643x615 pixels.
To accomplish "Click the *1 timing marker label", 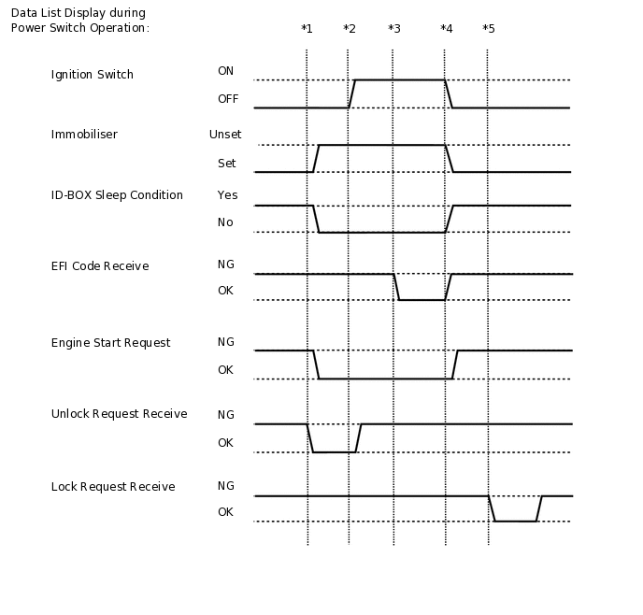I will pyautogui.click(x=307, y=29).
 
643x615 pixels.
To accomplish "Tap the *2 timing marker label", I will pyautogui.click(x=349, y=29).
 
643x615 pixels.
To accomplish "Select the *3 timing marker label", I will pyautogui.click(x=393, y=29).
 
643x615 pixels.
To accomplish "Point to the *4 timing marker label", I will pyautogui.click(x=446, y=29).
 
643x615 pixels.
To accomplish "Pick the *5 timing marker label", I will pyautogui.click(x=488, y=29).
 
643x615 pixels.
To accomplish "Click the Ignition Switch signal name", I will pyautogui.click(x=93, y=75).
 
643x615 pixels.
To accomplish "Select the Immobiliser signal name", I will pyautogui.click(x=84, y=135).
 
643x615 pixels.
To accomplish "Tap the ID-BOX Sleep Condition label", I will pyautogui.click(x=117, y=195).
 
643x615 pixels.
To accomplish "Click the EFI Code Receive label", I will pyautogui.click(x=100, y=266).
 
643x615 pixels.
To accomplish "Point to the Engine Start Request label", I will pyautogui.click(x=110, y=343).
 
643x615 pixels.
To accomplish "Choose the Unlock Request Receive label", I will pyautogui.click(x=119, y=414).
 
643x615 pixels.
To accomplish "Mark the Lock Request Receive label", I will pyautogui.click(x=113, y=487).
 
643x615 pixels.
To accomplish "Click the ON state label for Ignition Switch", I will pyautogui.click(x=225, y=71).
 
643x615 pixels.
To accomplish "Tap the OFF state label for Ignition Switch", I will pyautogui.click(x=228, y=98).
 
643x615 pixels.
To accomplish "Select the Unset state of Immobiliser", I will pyautogui.click(x=225, y=135).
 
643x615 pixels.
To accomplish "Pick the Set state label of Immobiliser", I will pyautogui.click(x=226, y=164).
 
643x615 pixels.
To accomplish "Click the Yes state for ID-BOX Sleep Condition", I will pyautogui.click(x=227, y=195).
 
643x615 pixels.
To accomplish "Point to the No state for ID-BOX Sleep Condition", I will pyautogui.click(x=225, y=222).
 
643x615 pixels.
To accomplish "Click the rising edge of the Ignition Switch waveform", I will pyautogui.click(x=351, y=93).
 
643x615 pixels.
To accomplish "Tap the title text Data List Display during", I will pyautogui.click(x=78, y=13).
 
